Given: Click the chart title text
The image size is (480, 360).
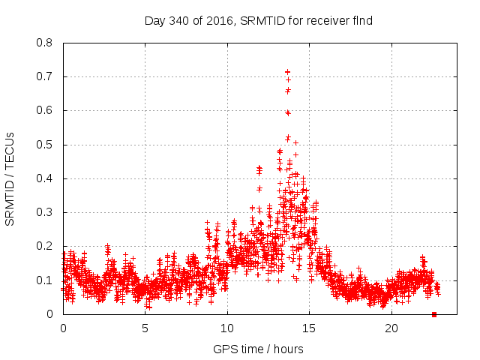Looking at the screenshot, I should tap(259, 21).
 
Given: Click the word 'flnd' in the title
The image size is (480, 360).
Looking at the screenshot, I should tap(364, 21).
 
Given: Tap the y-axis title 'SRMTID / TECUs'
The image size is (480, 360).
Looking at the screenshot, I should tap(10, 178).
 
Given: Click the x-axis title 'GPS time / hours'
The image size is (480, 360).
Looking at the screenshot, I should tap(258, 349).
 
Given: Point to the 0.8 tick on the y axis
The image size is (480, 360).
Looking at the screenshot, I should tap(46, 43).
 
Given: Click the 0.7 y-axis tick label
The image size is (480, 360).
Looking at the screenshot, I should tap(46, 76).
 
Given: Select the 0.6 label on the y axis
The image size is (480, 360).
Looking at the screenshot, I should tap(46, 110).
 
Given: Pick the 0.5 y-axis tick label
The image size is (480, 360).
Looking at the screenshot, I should tap(46, 145).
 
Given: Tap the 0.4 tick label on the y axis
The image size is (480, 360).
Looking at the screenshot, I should tap(46, 178).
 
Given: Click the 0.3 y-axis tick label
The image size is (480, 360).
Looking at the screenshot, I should tap(46, 212).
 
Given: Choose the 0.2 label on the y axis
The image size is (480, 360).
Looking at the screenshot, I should tap(46, 246).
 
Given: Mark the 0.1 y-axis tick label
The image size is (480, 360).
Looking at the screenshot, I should tap(46, 280).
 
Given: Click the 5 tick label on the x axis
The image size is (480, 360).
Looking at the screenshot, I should tap(145, 328).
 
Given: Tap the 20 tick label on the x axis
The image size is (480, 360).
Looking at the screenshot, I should tap(391, 328).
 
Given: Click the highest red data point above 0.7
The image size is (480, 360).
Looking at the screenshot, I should tap(287, 72).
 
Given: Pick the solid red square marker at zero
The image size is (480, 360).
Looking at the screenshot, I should tap(434, 314).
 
